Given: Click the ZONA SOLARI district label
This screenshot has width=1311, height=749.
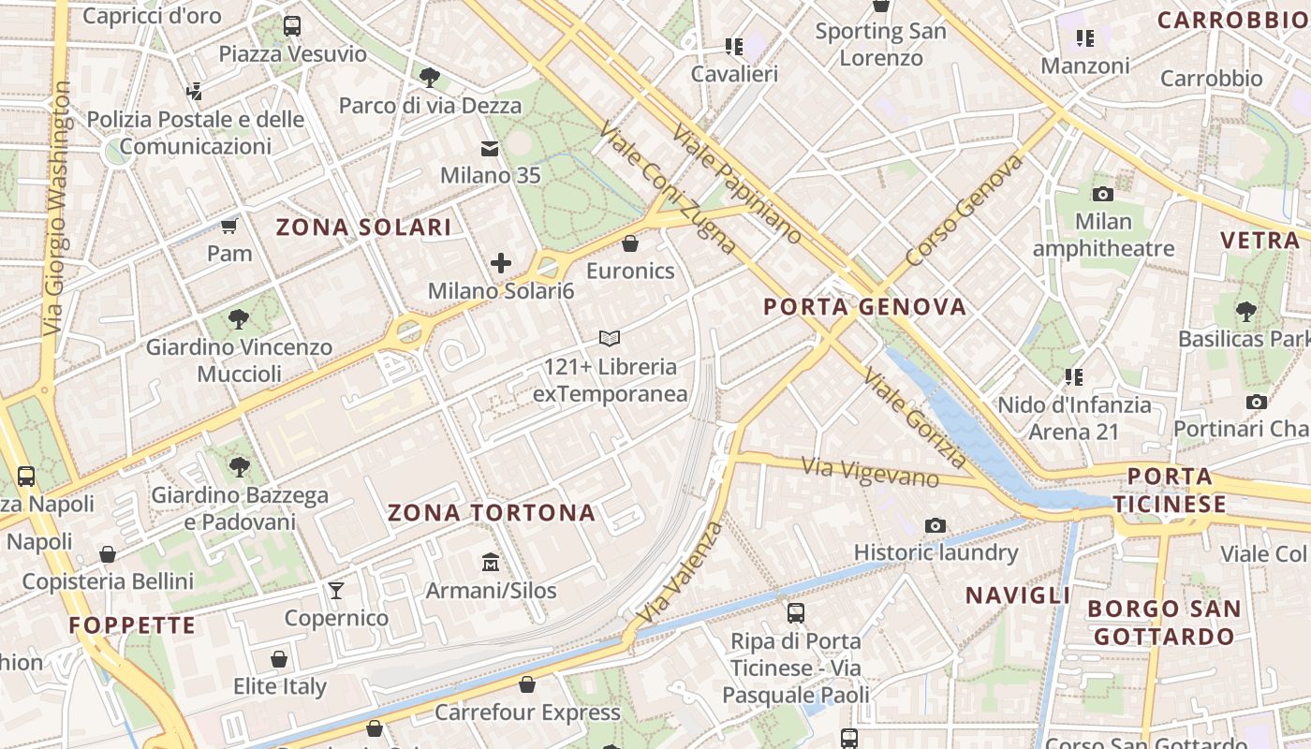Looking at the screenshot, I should coord(363,227).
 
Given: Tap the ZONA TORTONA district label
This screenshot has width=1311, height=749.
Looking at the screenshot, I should coord(492,512).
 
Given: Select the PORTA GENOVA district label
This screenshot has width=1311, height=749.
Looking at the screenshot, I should coord(864,306).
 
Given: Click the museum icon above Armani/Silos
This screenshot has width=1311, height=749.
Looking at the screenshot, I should coord(490,563).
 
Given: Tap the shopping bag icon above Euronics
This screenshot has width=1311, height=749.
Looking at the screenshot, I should coord(630,243).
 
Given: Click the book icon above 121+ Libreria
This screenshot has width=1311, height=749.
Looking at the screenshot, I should coord(610,338).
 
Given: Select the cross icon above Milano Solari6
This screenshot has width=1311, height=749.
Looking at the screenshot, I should coord(501,263).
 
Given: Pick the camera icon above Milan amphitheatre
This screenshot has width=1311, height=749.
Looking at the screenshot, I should coord(1103,194).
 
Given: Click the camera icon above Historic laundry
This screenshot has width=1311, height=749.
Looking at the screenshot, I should coord(935,525).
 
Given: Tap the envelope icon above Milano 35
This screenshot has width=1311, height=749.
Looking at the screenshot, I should coord(490,148).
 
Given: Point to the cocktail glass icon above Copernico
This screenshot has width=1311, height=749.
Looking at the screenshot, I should coord(336,590).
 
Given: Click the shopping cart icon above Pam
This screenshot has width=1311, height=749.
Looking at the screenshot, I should coord(229,226).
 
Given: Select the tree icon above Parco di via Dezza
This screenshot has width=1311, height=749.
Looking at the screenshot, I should coord(430,77).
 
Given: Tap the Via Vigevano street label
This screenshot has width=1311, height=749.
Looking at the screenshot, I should coord(870,471).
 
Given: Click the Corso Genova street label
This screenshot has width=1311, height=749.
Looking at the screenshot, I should coord(964,210).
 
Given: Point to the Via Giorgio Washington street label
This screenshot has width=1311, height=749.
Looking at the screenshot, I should coord(57,208).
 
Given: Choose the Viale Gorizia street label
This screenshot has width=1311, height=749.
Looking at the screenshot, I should coord(914,418).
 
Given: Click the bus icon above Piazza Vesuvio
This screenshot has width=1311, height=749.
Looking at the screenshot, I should coord(292,25).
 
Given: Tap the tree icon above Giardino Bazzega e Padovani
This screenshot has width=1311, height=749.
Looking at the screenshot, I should coord(240,466).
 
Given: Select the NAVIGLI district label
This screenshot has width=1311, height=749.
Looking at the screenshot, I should coord(1018,595).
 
